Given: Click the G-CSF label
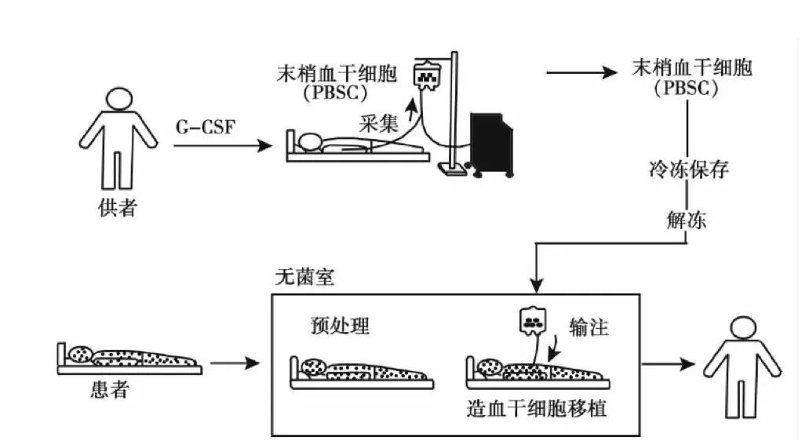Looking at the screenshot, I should (206, 126).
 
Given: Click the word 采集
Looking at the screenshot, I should (379, 123).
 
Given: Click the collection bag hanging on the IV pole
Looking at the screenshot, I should (428, 75).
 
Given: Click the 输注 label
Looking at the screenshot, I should (589, 327).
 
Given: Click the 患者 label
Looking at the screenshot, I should (109, 390).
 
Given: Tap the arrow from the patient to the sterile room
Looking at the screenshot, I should (236, 363).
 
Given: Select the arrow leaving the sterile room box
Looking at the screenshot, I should (669, 364).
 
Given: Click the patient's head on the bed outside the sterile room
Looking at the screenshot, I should (79, 354).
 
